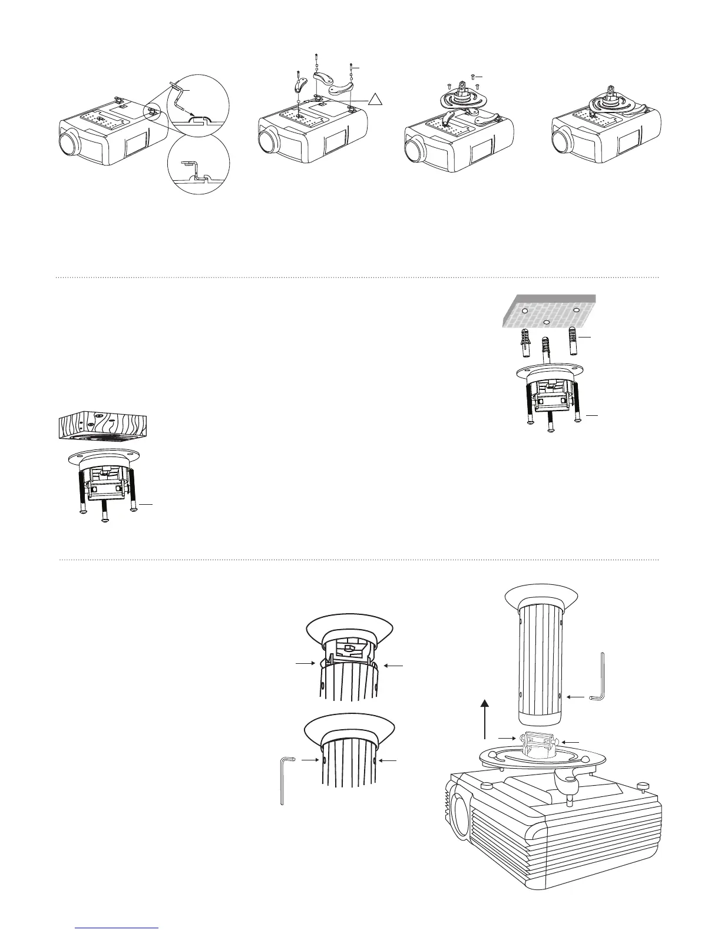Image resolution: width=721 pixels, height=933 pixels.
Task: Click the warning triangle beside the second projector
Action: [x=376, y=102]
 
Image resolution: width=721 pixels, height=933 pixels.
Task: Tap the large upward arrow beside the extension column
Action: [x=485, y=718]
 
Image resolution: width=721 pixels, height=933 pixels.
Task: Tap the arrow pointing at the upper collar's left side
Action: [x=305, y=664]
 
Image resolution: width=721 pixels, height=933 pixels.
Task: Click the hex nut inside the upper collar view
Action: [x=348, y=650]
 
